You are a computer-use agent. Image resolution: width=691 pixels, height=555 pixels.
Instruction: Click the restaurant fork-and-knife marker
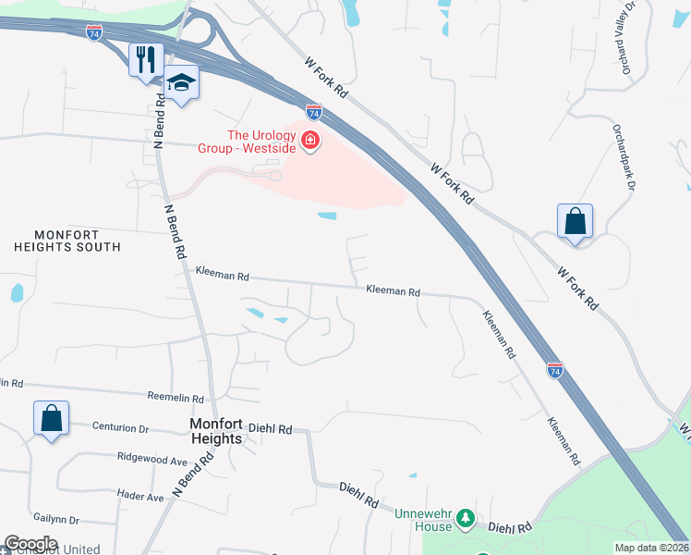(x=146, y=60)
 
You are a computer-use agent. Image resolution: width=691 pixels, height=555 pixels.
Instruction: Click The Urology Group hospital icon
(x=311, y=142)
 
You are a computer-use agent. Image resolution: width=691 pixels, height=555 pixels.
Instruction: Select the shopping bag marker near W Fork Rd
(x=575, y=222)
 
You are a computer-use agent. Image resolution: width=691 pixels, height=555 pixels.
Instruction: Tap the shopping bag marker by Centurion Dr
(x=51, y=418)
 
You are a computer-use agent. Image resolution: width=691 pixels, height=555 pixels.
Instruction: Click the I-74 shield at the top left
(x=94, y=32)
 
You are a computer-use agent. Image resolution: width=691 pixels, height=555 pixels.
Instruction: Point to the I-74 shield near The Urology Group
(x=314, y=112)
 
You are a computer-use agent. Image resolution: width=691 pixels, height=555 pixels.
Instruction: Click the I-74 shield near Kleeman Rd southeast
(x=554, y=370)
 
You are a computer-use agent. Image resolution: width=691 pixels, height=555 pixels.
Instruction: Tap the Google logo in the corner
(x=30, y=544)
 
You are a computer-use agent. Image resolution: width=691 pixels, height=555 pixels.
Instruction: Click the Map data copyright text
(x=651, y=548)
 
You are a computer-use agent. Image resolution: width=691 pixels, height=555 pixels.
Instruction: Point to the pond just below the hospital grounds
(x=327, y=216)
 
